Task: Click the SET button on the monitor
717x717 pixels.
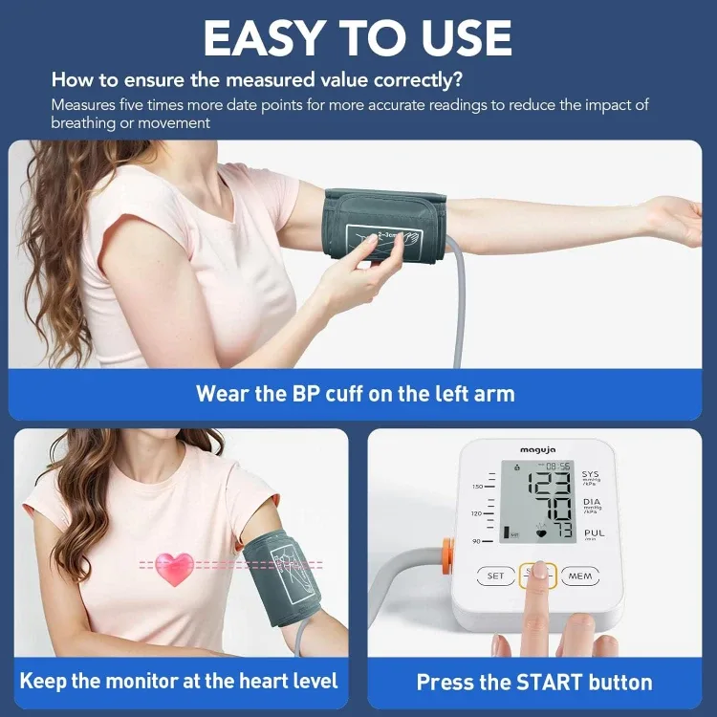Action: tap(495, 576)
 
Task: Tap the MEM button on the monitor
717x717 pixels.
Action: tap(580, 576)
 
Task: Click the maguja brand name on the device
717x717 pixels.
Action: tap(538, 449)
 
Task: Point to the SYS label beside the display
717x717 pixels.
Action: tap(590, 474)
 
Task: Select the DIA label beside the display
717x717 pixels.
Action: tap(591, 502)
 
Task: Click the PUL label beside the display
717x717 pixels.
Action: tap(594, 533)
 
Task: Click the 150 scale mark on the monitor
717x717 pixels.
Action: tap(477, 487)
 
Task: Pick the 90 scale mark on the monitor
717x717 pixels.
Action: tap(477, 541)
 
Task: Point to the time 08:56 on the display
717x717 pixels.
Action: tap(557, 466)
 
